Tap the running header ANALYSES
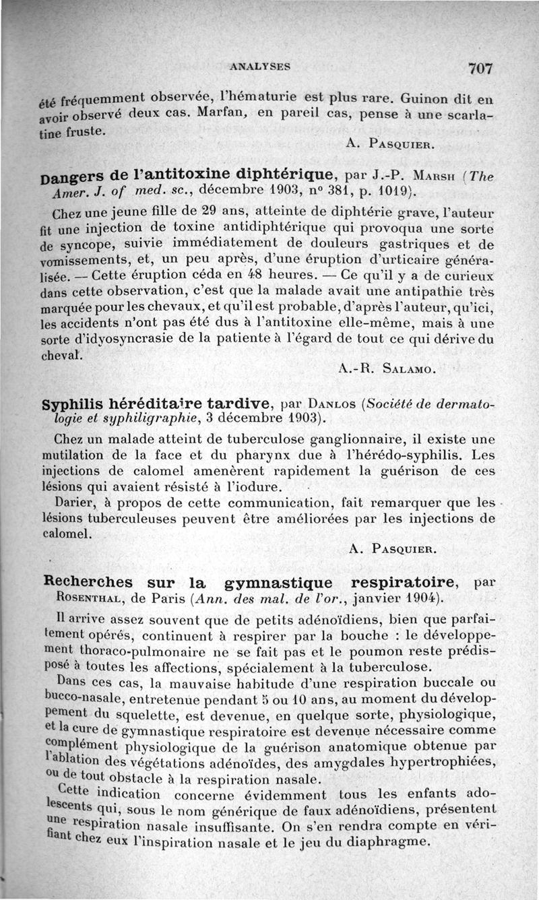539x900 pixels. click(x=260, y=67)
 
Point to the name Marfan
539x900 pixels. click(x=223, y=111)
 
